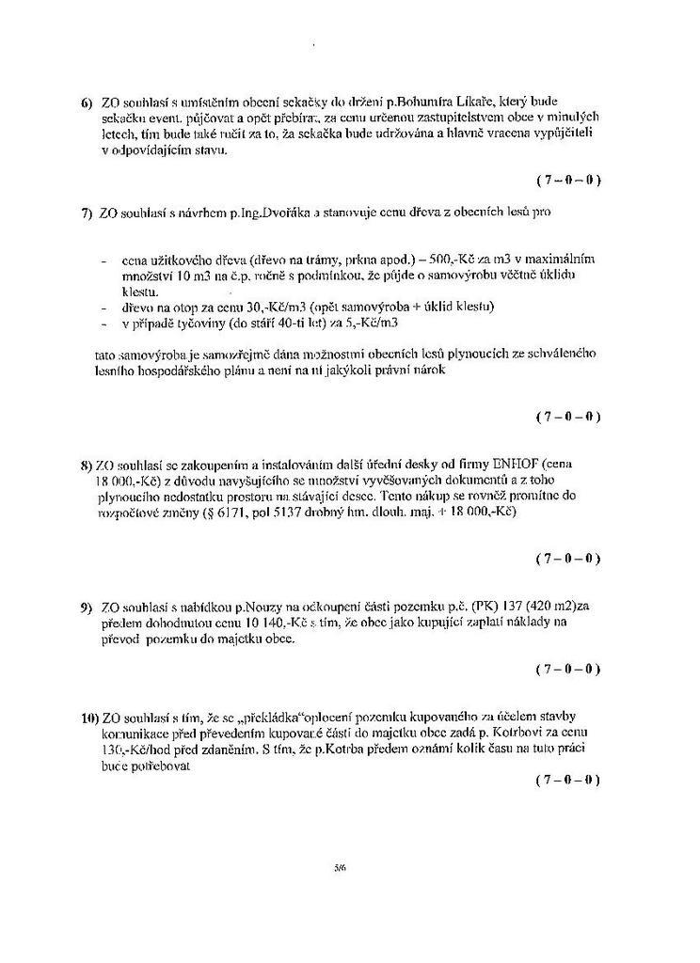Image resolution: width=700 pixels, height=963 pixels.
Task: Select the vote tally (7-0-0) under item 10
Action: [x=567, y=781]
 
